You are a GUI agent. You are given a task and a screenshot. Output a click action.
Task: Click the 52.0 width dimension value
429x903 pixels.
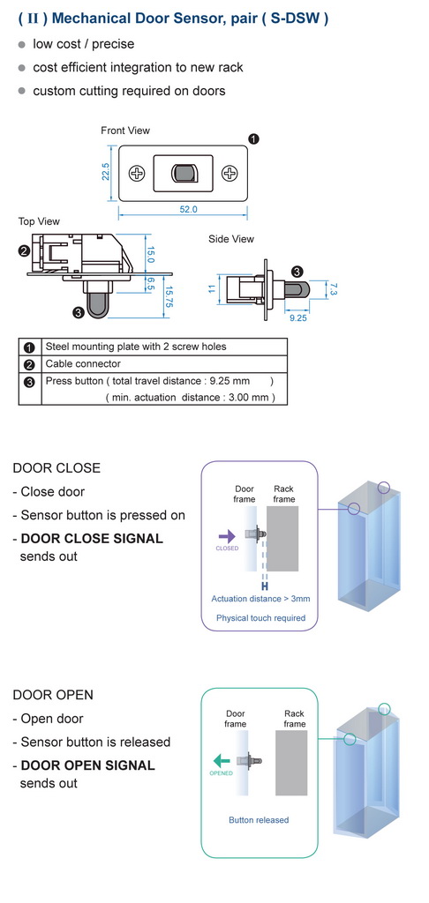coord(188,210)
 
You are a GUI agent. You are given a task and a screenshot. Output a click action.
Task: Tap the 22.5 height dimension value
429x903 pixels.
coord(106,172)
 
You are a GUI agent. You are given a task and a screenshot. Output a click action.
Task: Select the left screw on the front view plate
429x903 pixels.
coord(137,173)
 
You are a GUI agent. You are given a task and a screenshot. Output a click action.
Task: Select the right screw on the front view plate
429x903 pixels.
coord(230,173)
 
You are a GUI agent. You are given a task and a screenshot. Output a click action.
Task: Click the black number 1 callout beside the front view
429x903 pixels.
coord(253,138)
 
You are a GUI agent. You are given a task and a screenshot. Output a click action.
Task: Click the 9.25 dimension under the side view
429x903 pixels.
coord(297,317)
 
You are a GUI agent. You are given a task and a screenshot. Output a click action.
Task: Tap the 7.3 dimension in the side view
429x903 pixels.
coord(333,288)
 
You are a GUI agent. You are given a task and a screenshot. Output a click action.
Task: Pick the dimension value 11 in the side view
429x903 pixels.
coord(211,288)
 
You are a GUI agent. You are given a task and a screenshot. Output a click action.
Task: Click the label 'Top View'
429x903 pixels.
coord(39,221)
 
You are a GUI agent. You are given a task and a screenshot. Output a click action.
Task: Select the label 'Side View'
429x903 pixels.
coord(231,238)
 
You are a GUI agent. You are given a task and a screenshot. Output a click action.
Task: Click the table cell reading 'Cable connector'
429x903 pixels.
coord(83,363)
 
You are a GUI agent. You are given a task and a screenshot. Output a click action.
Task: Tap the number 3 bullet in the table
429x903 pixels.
coord(29,381)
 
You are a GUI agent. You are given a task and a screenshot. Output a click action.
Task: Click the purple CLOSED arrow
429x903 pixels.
coord(227,536)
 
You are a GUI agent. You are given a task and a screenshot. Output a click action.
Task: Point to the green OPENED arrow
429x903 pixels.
coord(221,761)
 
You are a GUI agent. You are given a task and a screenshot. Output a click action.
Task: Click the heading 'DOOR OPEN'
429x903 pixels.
coord(52,695)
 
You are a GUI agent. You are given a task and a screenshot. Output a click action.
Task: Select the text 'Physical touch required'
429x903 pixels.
coord(260,618)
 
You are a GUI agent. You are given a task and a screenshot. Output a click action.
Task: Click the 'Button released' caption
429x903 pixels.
coord(259,819)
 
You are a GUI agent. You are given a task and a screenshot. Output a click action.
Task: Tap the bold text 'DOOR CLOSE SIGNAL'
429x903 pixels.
coord(92,539)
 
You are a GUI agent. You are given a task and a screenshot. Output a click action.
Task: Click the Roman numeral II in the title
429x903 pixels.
coord(34,19)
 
